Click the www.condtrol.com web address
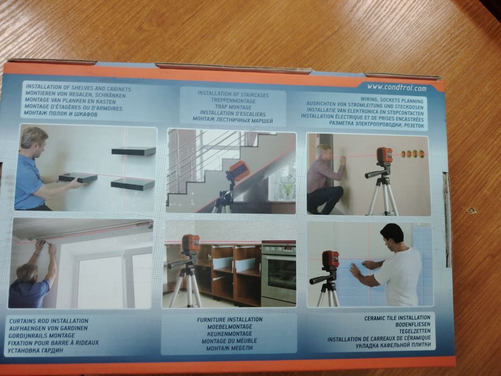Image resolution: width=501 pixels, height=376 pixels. pyautogui.click(x=396, y=88)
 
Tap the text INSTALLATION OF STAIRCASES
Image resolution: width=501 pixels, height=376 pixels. pyautogui.click(x=233, y=95)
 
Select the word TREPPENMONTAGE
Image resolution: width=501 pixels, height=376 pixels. pyautogui.click(x=233, y=101)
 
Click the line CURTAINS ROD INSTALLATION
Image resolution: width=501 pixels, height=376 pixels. pyautogui.click(x=48, y=321)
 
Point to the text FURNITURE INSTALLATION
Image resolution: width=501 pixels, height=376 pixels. pyautogui.click(x=229, y=320)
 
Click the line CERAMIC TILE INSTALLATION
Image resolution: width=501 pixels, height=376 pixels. pyautogui.click(x=397, y=318)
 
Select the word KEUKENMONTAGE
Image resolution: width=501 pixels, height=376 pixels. pyautogui.click(x=229, y=334)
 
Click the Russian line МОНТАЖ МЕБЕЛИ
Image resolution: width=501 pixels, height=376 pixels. pyautogui.click(x=229, y=348)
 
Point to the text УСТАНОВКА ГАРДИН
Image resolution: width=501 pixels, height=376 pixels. pyautogui.click(x=35, y=350)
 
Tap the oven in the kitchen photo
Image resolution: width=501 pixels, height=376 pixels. pyautogui.click(x=278, y=273)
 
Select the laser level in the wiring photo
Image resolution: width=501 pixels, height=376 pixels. pyautogui.click(x=384, y=155)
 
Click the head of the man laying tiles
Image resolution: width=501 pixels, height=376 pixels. pyautogui.click(x=393, y=235)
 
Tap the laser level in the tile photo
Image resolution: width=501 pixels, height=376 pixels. pyautogui.click(x=330, y=260)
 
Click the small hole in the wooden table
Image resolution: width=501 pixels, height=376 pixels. pyautogui.click(x=470, y=211)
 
